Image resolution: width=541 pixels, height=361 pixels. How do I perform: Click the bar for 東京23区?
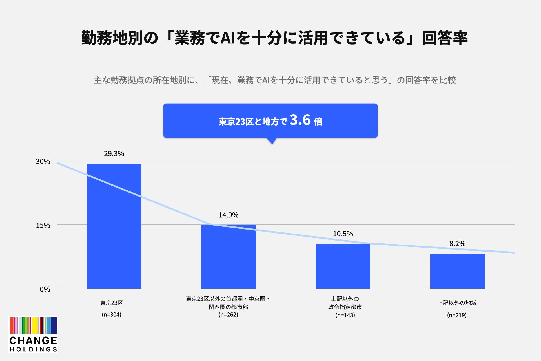[x=114, y=226]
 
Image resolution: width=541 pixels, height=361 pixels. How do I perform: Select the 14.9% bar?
[x=229, y=257]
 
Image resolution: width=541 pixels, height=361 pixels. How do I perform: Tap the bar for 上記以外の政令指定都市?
[x=343, y=266]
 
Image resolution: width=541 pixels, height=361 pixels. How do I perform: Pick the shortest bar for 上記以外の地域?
[x=458, y=271]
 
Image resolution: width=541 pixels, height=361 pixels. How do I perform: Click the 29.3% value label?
[x=114, y=154]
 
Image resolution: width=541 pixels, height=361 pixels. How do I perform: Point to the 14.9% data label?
[x=229, y=215]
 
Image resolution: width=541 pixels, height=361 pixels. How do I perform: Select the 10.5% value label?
[x=343, y=234]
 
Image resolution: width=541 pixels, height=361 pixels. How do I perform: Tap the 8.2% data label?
[x=457, y=244]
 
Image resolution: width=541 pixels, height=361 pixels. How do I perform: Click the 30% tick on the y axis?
[x=43, y=161]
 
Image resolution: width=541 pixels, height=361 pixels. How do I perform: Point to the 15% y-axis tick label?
[x=43, y=225]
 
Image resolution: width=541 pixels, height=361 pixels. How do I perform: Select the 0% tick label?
[x=45, y=289]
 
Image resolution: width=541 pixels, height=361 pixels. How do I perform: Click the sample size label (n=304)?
[x=112, y=315]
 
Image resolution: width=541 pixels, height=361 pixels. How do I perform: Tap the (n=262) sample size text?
[x=229, y=315]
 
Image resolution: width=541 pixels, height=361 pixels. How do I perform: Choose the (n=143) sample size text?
[x=345, y=315]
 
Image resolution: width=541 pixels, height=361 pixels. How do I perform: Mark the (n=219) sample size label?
[x=457, y=315]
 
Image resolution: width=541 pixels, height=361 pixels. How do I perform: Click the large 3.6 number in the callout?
[x=300, y=120]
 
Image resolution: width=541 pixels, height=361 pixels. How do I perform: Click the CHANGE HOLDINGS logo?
[x=33, y=335]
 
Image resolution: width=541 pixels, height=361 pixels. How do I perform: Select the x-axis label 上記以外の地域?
[x=457, y=303]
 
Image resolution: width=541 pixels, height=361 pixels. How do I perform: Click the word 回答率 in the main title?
[x=445, y=38]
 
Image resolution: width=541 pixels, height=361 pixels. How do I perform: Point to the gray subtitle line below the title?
[x=275, y=80]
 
